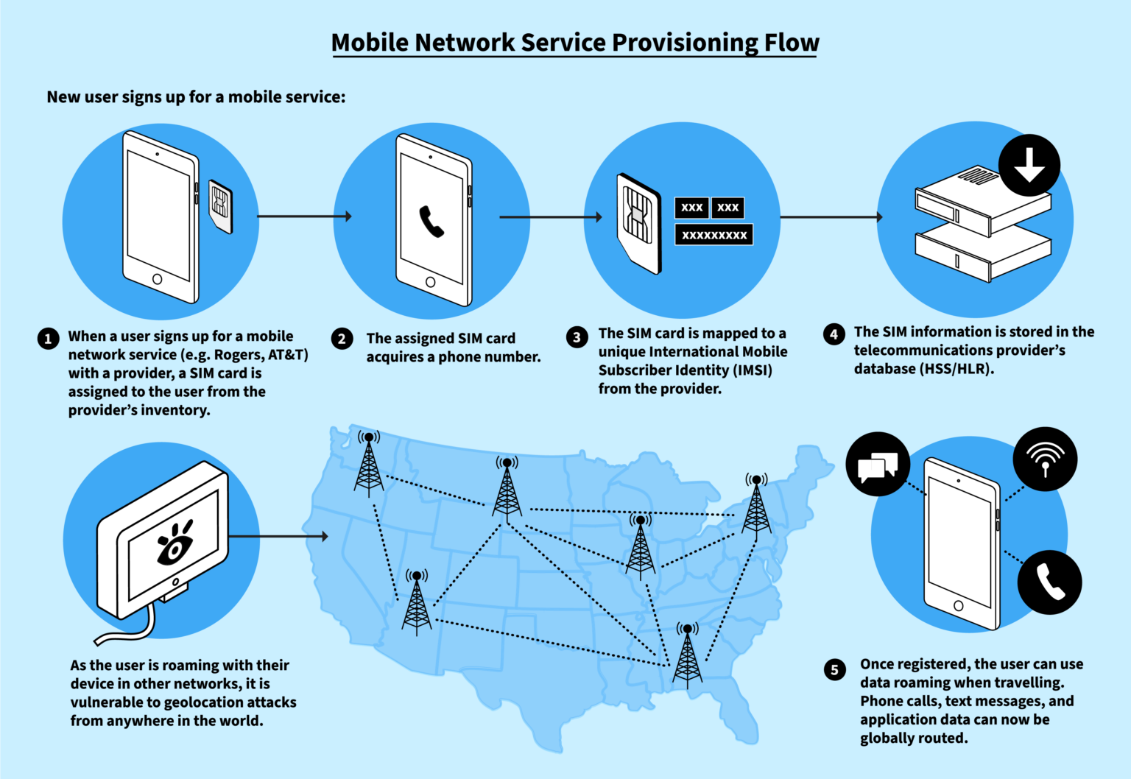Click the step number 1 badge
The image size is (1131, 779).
pos(48,339)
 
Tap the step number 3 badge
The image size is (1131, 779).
pos(577,337)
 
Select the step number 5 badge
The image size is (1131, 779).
pos(834,669)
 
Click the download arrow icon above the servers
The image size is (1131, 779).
pos(1029,165)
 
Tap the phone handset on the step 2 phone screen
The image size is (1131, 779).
pos(431,222)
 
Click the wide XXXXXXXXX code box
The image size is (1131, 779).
pos(714,235)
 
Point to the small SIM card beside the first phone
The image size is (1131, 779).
pos(220,205)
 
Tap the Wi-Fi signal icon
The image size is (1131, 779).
pos(1045,459)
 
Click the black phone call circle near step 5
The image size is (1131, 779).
pos(1049,582)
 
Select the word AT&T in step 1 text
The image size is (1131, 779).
pos(288,355)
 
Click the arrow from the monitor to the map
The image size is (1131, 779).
pos(280,536)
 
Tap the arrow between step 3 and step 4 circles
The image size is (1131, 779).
pos(831,217)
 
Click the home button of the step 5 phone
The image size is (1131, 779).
pos(958,606)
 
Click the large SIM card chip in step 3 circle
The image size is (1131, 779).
pos(638,215)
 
